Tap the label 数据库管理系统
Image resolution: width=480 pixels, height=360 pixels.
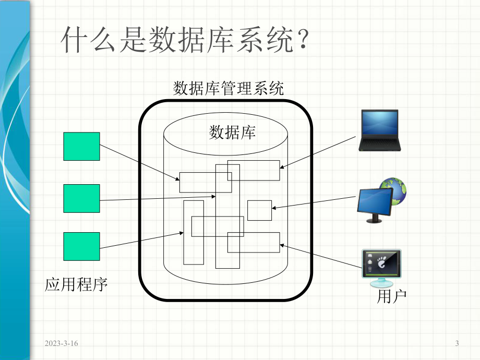(228, 88)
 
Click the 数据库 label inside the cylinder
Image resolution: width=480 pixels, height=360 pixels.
(232, 132)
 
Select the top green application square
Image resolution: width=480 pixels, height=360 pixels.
(81, 146)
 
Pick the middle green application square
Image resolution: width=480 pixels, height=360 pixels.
(81, 198)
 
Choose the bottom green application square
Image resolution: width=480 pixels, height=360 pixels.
(81, 246)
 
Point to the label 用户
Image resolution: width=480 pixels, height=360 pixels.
(391, 296)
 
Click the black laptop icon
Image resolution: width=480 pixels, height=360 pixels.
(378, 130)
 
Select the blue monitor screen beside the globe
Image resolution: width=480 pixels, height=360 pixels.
(375, 201)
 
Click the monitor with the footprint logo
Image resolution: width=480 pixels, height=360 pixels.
(381, 266)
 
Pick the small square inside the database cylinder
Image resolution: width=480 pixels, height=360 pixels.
(259, 210)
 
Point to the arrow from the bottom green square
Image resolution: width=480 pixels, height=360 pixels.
(141, 241)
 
